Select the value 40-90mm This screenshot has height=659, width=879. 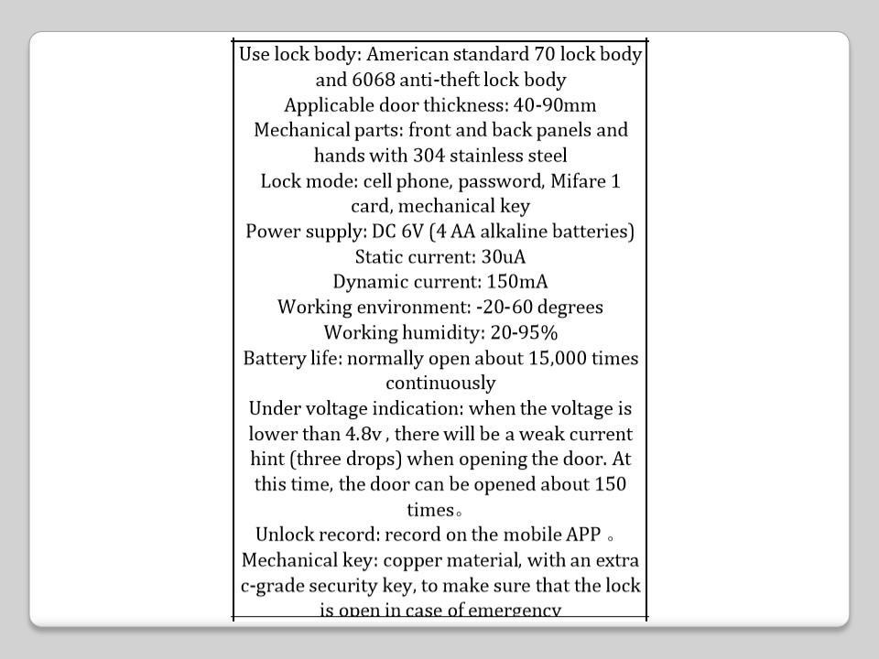(561, 104)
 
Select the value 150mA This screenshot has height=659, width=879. (517, 281)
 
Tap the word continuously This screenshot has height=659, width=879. (440, 383)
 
